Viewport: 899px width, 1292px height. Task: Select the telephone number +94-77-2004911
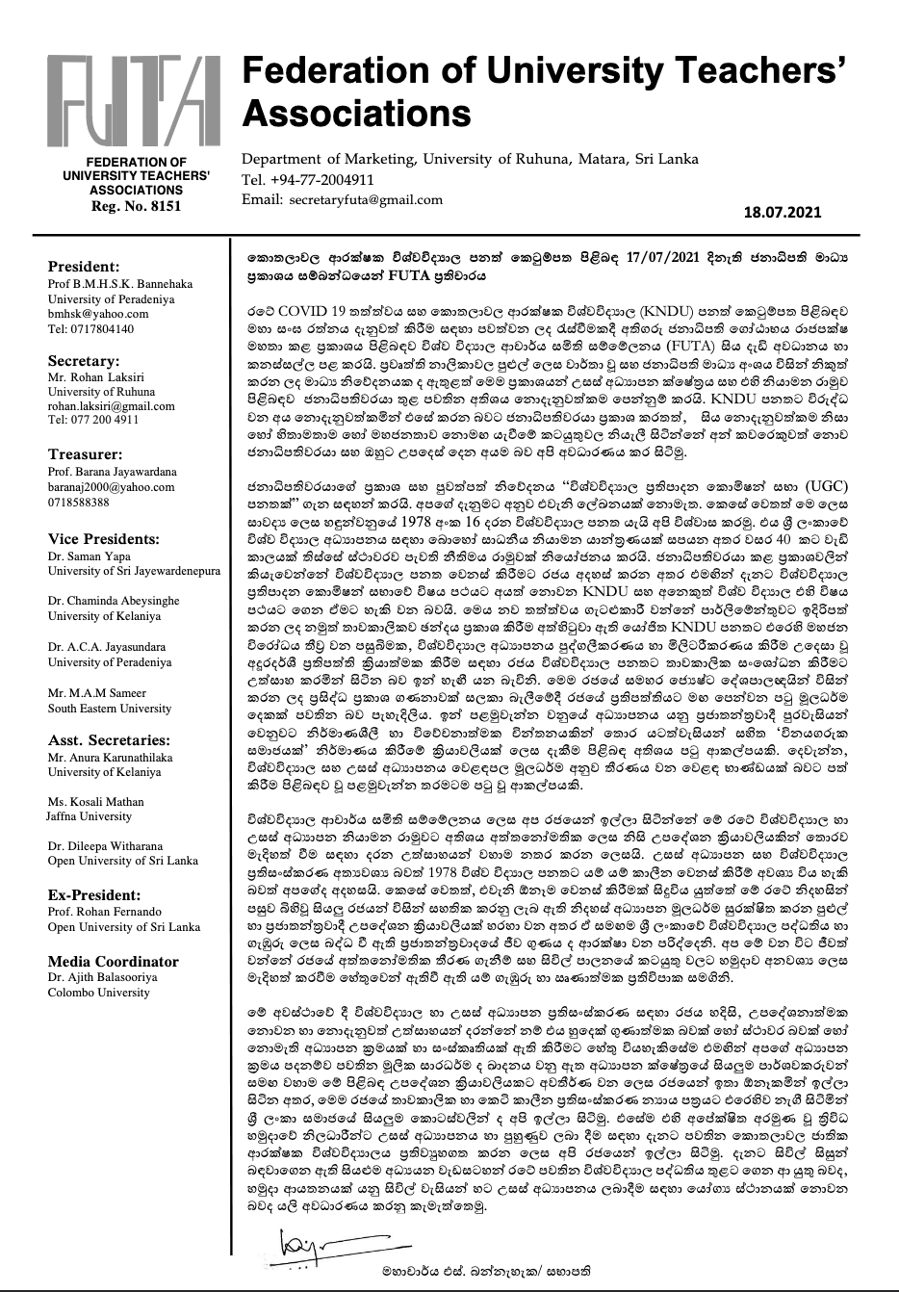pyautogui.click(x=316, y=180)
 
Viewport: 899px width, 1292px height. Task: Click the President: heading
pyautogui.click(x=84, y=267)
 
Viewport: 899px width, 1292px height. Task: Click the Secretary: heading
pyautogui.click(x=84, y=360)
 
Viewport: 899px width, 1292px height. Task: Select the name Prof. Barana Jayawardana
pyautogui.click(x=113, y=473)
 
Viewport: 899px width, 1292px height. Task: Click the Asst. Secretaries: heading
pyautogui.click(x=109, y=740)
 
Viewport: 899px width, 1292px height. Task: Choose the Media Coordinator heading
pyautogui.click(x=113, y=961)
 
